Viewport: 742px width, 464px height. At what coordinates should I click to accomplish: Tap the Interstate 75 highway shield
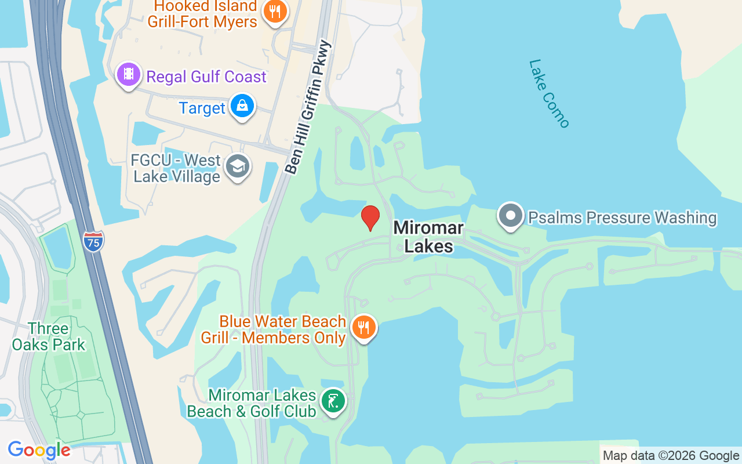pyautogui.click(x=93, y=241)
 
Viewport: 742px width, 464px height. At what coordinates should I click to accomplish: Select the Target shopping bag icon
pyautogui.click(x=242, y=106)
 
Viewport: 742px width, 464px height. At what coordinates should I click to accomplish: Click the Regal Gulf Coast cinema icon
pyautogui.click(x=129, y=74)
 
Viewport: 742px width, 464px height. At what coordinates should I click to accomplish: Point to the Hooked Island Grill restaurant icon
pyautogui.click(x=275, y=11)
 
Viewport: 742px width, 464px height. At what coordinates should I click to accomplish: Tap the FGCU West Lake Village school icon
pyautogui.click(x=237, y=166)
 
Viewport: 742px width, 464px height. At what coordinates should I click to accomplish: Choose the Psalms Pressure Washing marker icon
pyautogui.click(x=511, y=216)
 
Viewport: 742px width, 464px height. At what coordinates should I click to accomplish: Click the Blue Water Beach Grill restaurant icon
pyautogui.click(x=363, y=328)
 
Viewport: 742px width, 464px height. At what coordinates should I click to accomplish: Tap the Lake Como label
pyautogui.click(x=549, y=93)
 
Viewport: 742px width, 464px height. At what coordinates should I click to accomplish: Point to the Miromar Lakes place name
pyautogui.click(x=428, y=237)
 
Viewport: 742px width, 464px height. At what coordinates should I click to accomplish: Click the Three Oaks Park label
pyautogui.click(x=49, y=336)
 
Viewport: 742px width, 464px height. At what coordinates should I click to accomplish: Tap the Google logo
pyautogui.click(x=39, y=450)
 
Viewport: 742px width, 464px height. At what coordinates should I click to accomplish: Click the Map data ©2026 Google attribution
pyautogui.click(x=671, y=455)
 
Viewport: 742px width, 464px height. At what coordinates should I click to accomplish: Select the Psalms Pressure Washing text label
pyautogui.click(x=622, y=217)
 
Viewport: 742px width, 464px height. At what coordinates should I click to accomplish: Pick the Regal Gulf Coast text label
pyautogui.click(x=206, y=77)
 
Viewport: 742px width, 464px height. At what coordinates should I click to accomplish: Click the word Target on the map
pyautogui.click(x=202, y=108)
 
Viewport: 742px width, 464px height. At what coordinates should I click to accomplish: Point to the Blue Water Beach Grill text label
pyautogui.click(x=274, y=329)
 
